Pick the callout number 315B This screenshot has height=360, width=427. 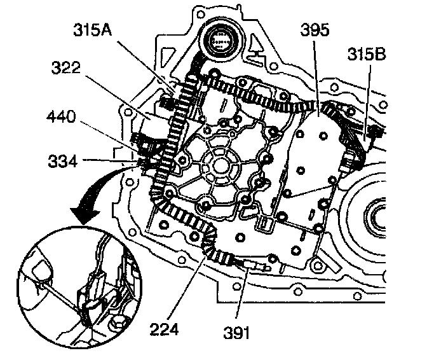[x=366, y=55]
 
